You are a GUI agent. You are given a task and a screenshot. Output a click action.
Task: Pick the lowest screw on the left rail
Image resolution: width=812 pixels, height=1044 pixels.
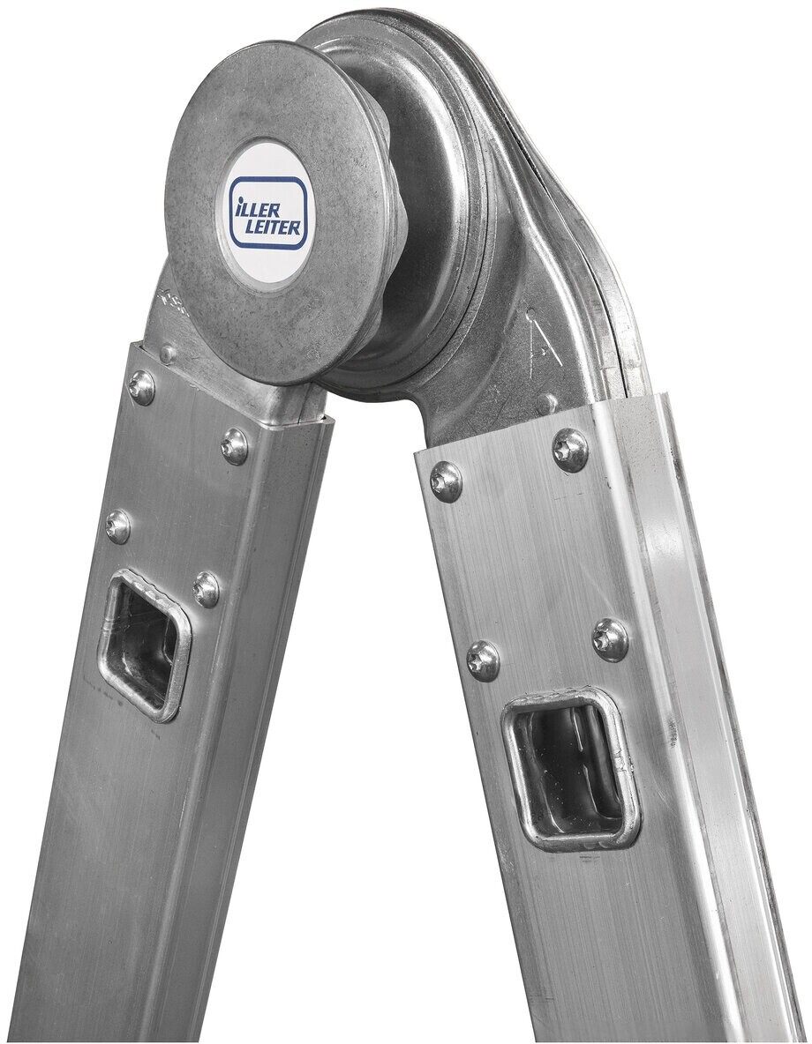point(207,585)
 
